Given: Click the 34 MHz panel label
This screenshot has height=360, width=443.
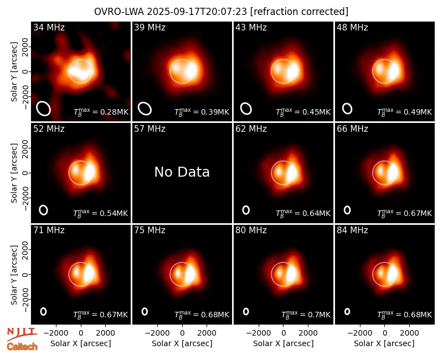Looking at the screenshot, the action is (x=49, y=27).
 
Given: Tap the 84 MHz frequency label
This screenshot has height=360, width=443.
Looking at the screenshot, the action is (x=352, y=230).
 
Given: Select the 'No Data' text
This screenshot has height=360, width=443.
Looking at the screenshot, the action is (x=182, y=172).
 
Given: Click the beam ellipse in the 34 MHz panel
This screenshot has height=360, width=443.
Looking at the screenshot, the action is (x=43, y=109).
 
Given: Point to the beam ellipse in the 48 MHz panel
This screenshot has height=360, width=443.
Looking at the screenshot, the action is (x=347, y=109).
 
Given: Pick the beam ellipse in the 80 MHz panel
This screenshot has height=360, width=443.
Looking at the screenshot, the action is (x=246, y=311).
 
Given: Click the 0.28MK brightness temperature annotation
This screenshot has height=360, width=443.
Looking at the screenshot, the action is (x=101, y=112).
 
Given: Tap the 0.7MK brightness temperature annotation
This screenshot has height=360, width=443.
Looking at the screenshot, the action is (x=306, y=314).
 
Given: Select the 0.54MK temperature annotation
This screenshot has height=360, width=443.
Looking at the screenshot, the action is (x=101, y=213).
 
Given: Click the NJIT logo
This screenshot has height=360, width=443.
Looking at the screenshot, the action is (x=22, y=333).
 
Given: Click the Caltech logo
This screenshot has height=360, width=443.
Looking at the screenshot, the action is (x=22, y=347).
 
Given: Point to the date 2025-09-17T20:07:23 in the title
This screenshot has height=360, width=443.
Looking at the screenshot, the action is (x=197, y=12).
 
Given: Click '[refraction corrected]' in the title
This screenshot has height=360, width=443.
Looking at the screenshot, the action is (x=299, y=12).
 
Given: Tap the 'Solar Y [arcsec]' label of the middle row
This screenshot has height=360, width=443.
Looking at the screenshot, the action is (x=14, y=173).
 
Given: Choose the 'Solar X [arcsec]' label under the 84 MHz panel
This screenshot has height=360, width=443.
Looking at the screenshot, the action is (x=384, y=343).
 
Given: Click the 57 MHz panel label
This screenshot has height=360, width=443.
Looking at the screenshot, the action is (x=150, y=129).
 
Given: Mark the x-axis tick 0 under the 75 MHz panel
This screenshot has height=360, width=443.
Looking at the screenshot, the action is (x=182, y=333).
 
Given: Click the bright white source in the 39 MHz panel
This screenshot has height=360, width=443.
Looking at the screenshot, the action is (x=191, y=71).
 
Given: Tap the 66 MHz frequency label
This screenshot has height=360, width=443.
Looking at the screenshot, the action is (x=352, y=129).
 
